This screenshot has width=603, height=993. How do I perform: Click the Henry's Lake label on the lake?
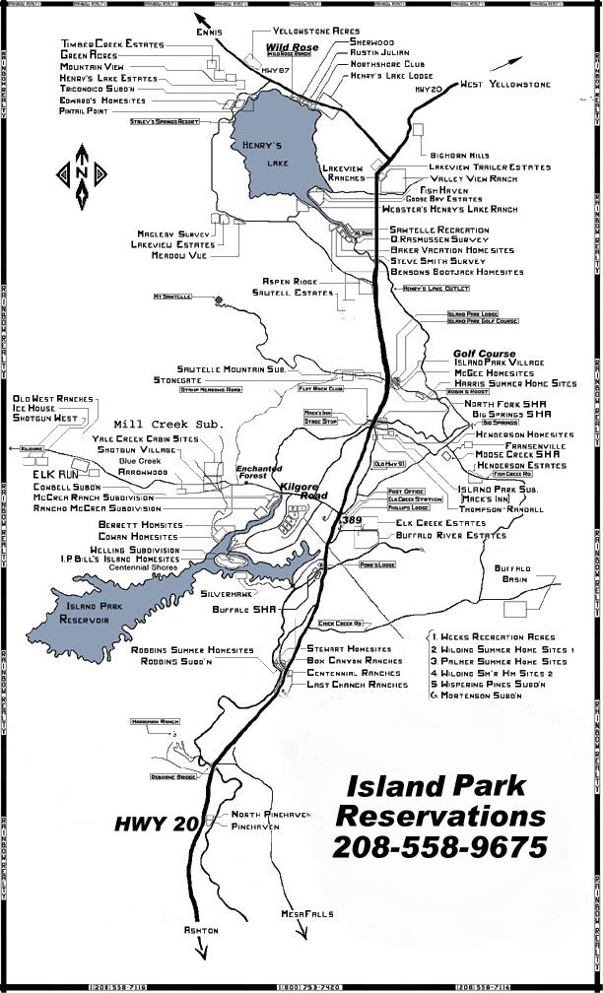click(x=263, y=155)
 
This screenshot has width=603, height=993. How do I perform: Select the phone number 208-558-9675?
click(x=439, y=846)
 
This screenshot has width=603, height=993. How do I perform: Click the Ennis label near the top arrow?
click(x=209, y=33)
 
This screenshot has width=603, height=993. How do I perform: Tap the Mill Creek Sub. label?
click(x=168, y=423)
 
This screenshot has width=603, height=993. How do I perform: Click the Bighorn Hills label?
click(x=459, y=156)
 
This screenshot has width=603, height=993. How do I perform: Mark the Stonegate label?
click(x=177, y=379)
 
